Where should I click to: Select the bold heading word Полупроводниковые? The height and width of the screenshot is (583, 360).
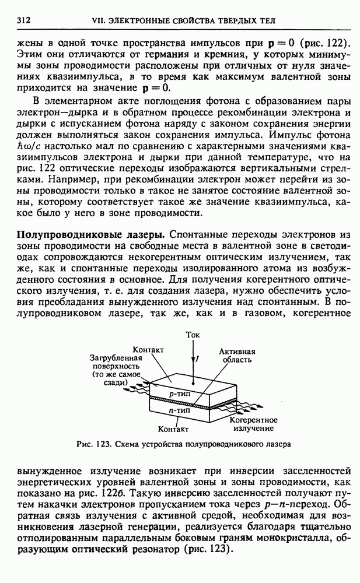(64, 234)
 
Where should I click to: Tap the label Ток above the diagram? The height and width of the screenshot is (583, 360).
(192, 335)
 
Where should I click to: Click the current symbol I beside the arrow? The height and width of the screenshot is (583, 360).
(197, 360)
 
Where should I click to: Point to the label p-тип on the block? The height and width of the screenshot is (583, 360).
(177, 394)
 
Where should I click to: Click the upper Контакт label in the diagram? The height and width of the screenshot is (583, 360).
(148, 349)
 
